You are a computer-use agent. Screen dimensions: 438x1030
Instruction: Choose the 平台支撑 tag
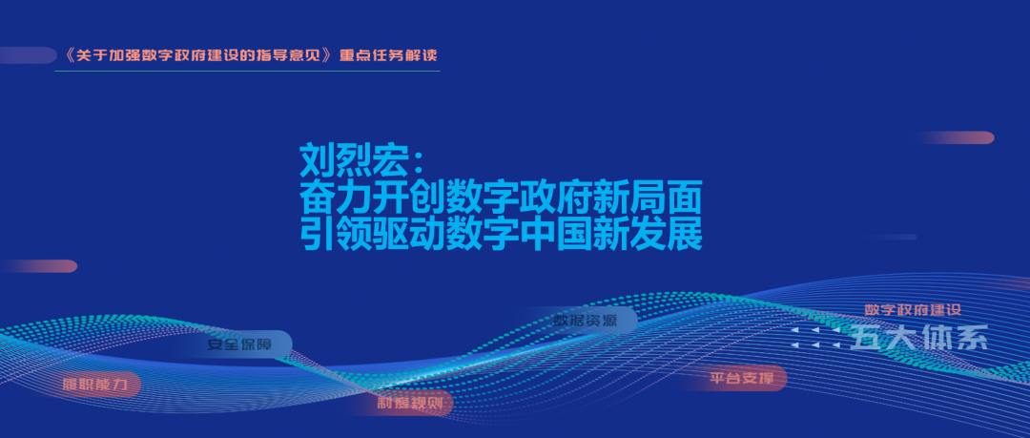[748, 379]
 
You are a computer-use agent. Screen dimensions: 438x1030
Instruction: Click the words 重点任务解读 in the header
[388, 54]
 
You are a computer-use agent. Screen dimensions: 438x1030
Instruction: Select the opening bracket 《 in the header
[65, 54]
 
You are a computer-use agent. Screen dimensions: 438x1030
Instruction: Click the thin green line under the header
[247, 71]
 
